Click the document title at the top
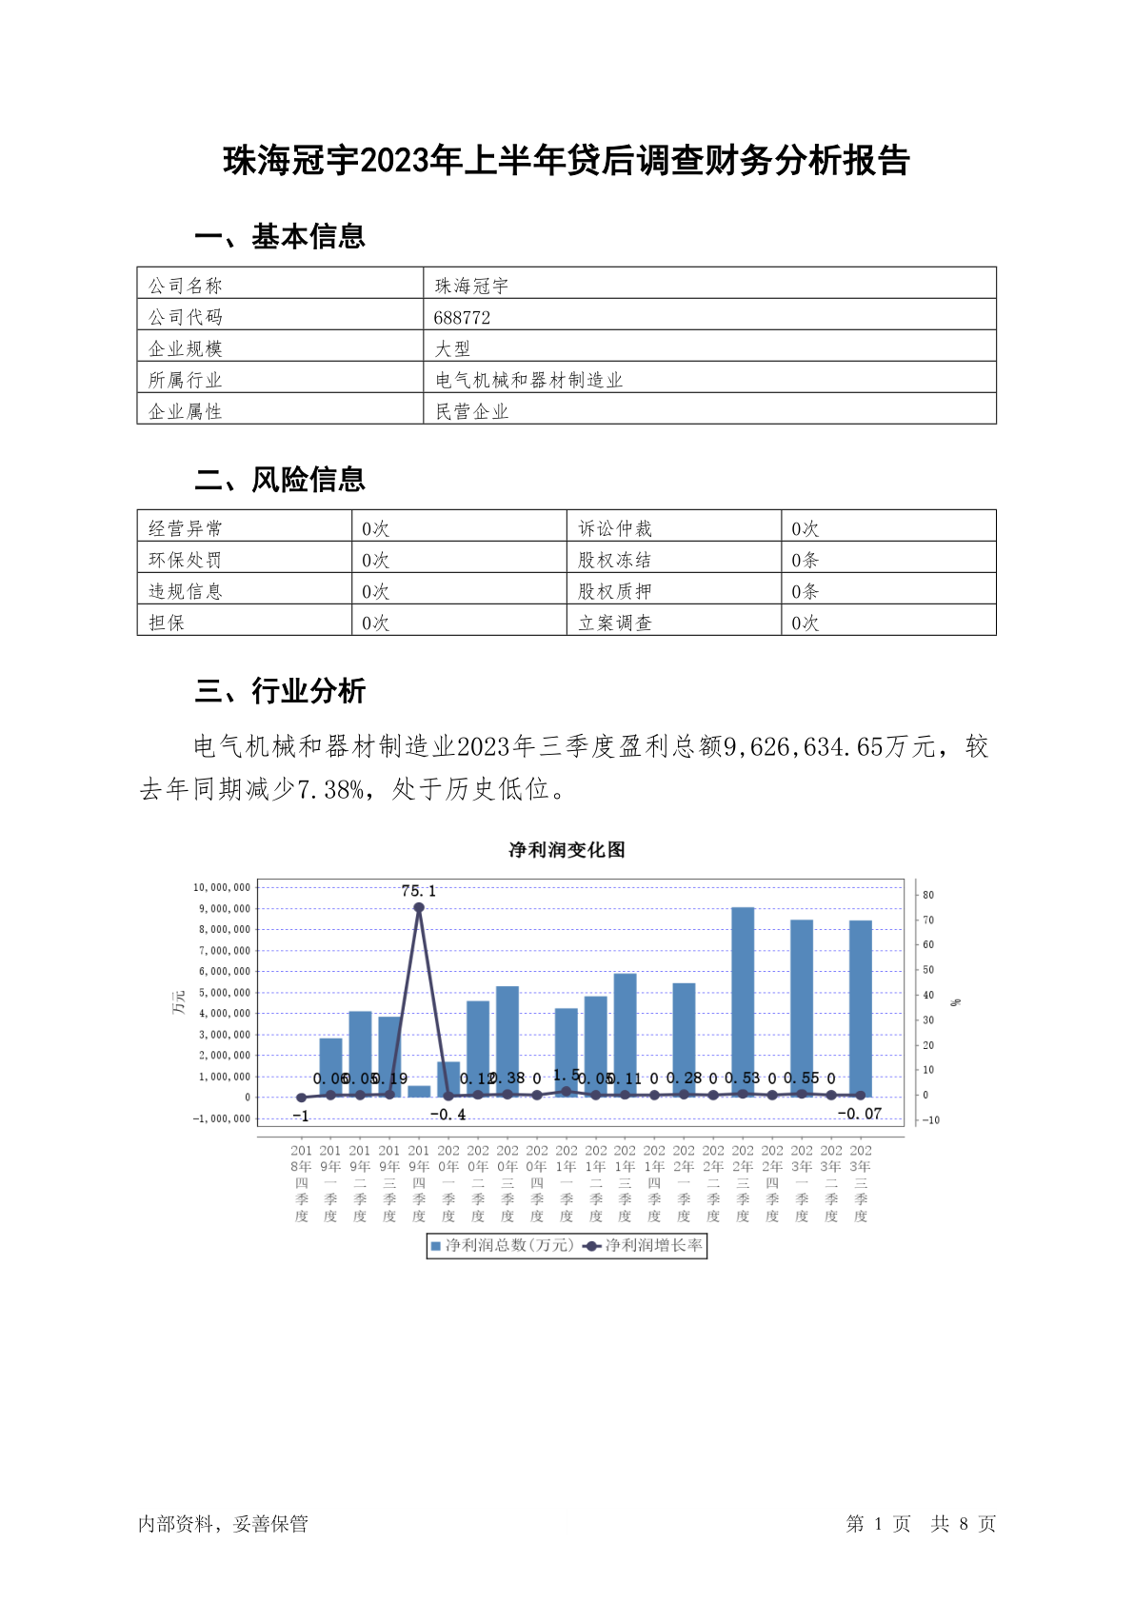pyautogui.click(x=567, y=161)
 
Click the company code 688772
pyautogui.click(x=462, y=317)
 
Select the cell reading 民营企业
pyautogui.click(x=472, y=411)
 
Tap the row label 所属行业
pyautogui.click(x=185, y=380)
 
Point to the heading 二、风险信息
pyautogui.click(x=280, y=480)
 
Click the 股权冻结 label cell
pyautogui.click(x=615, y=560)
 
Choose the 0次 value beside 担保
pyautogui.click(x=376, y=623)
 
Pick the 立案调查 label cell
pyautogui.click(x=615, y=623)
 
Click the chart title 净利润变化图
pyautogui.click(x=567, y=850)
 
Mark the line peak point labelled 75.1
pyautogui.click(x=419, y=907)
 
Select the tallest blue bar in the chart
pyautogui.click(x=743, y=1001)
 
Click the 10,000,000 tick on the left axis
pyautogui.click(x=222, y=887)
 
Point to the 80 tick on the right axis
pyautogui.click(x=928, y=895)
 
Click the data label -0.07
pyautogui.click(x=859, y=1114)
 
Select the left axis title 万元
pyautogui.click(x=178, y=1001)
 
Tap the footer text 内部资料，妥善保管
pyautogui.click(x=223, y=1524)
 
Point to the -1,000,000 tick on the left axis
pyautogui.click(x=222, y=1118)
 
